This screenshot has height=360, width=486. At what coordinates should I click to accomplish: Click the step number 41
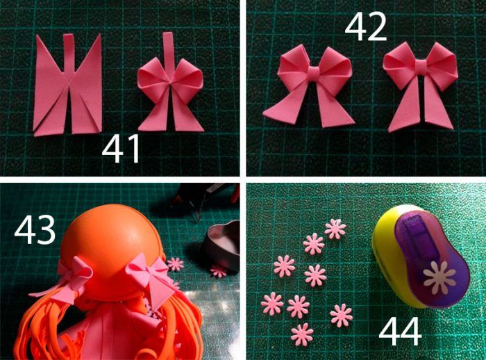click(121, 149)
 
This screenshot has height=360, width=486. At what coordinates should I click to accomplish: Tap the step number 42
click(366, 26)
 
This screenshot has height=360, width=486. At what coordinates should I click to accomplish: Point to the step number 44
click(400, 332)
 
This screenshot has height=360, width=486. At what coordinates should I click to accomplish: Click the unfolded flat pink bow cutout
click(67, 84)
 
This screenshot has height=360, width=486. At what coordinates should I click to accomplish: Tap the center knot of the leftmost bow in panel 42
click(314, 73)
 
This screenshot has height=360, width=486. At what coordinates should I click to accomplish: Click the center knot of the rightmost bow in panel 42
click(421, 66)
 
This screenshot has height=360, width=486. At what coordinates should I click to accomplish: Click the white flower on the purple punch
click(439, 278)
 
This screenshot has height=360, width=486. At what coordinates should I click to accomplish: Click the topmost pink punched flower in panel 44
click(335, 229)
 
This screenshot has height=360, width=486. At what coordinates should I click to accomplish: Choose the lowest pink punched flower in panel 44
click(302, 334)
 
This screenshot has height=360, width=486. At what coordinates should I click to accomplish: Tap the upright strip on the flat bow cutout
click(69, 53)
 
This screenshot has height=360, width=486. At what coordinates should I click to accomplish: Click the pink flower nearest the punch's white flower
click(342, 316)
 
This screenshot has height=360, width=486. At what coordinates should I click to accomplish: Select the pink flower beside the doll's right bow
click(176, 264)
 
